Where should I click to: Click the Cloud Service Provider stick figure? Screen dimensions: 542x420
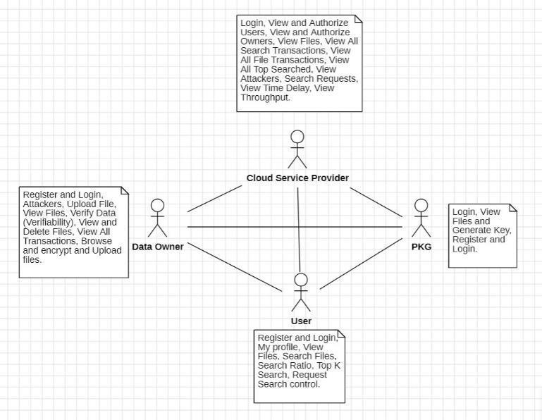tap(297, 149)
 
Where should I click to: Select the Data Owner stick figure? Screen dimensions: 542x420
tap(157, 218)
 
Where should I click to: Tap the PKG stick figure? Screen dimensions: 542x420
tap(421, 218)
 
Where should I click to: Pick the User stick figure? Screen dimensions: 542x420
tap(301, 292)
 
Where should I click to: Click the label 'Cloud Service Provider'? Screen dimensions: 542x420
tap(297, 178)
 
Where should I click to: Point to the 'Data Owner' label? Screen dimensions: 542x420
tap(158, 247)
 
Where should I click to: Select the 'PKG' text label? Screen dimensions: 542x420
tap(421, 247)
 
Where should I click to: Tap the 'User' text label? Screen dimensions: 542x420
tap(301, 321)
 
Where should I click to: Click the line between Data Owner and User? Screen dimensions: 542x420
tap(233, 266)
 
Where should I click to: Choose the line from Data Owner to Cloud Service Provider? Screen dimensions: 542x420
tap(215, 199)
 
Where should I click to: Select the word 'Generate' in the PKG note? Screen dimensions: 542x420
tap(472, 230)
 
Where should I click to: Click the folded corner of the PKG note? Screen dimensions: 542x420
tap(512, 209)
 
